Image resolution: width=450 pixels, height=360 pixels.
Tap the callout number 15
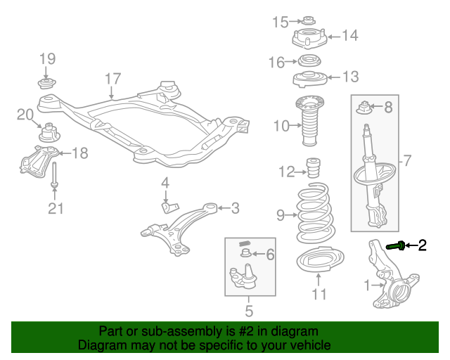tap(281, 22)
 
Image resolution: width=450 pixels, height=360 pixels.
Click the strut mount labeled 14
tap(309, 37)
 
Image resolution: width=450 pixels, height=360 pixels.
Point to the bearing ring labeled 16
tap(308, 61)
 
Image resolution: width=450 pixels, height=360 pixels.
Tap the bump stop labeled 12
tap(314, 170)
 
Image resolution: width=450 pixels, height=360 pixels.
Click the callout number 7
tap(406, 161)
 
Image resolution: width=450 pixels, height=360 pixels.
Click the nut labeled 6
tap(245, 253)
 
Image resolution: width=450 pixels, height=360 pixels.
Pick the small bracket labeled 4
tap(169, 205)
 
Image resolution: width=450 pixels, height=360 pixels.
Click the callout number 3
tap(235, 207)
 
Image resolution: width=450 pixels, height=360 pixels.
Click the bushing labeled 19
tap(46, 84)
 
